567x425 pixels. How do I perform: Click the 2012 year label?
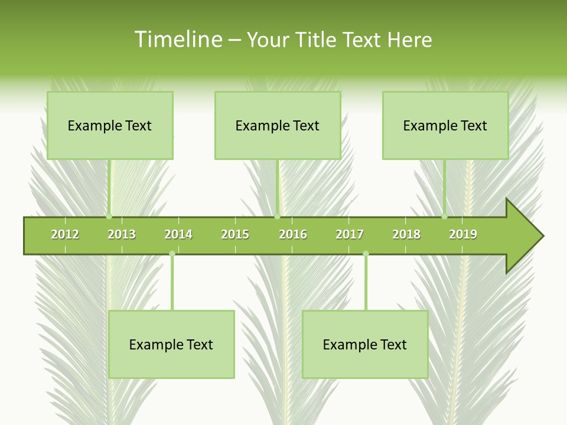65,234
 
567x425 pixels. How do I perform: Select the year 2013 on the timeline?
122,234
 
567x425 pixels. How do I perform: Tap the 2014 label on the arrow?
178,234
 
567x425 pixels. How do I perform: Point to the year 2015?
235,234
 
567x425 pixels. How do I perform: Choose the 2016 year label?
293,234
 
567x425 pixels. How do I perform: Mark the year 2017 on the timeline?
350,234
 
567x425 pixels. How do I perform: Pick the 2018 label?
406,234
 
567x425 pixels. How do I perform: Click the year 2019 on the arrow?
463,234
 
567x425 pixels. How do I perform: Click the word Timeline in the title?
177,40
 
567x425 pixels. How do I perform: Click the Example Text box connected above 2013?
110,125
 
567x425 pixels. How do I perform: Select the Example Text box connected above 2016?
278,125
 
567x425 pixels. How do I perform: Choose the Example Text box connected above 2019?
445,125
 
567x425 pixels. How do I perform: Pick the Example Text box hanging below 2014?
171,344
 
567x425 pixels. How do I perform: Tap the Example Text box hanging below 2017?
365,344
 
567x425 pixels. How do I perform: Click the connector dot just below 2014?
172,254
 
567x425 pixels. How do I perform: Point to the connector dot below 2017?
366,254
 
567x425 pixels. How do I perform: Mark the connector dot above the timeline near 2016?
277,216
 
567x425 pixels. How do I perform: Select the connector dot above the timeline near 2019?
444,216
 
